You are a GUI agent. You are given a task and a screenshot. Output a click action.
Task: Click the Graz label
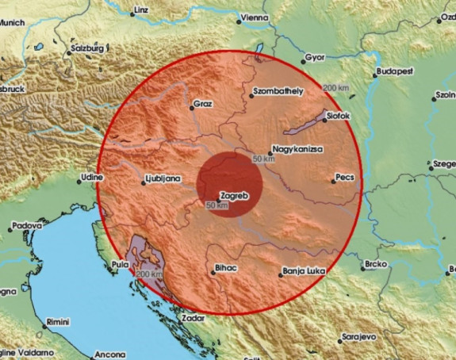coord(204,103)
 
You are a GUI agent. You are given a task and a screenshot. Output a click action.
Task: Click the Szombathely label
coord(278,92)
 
